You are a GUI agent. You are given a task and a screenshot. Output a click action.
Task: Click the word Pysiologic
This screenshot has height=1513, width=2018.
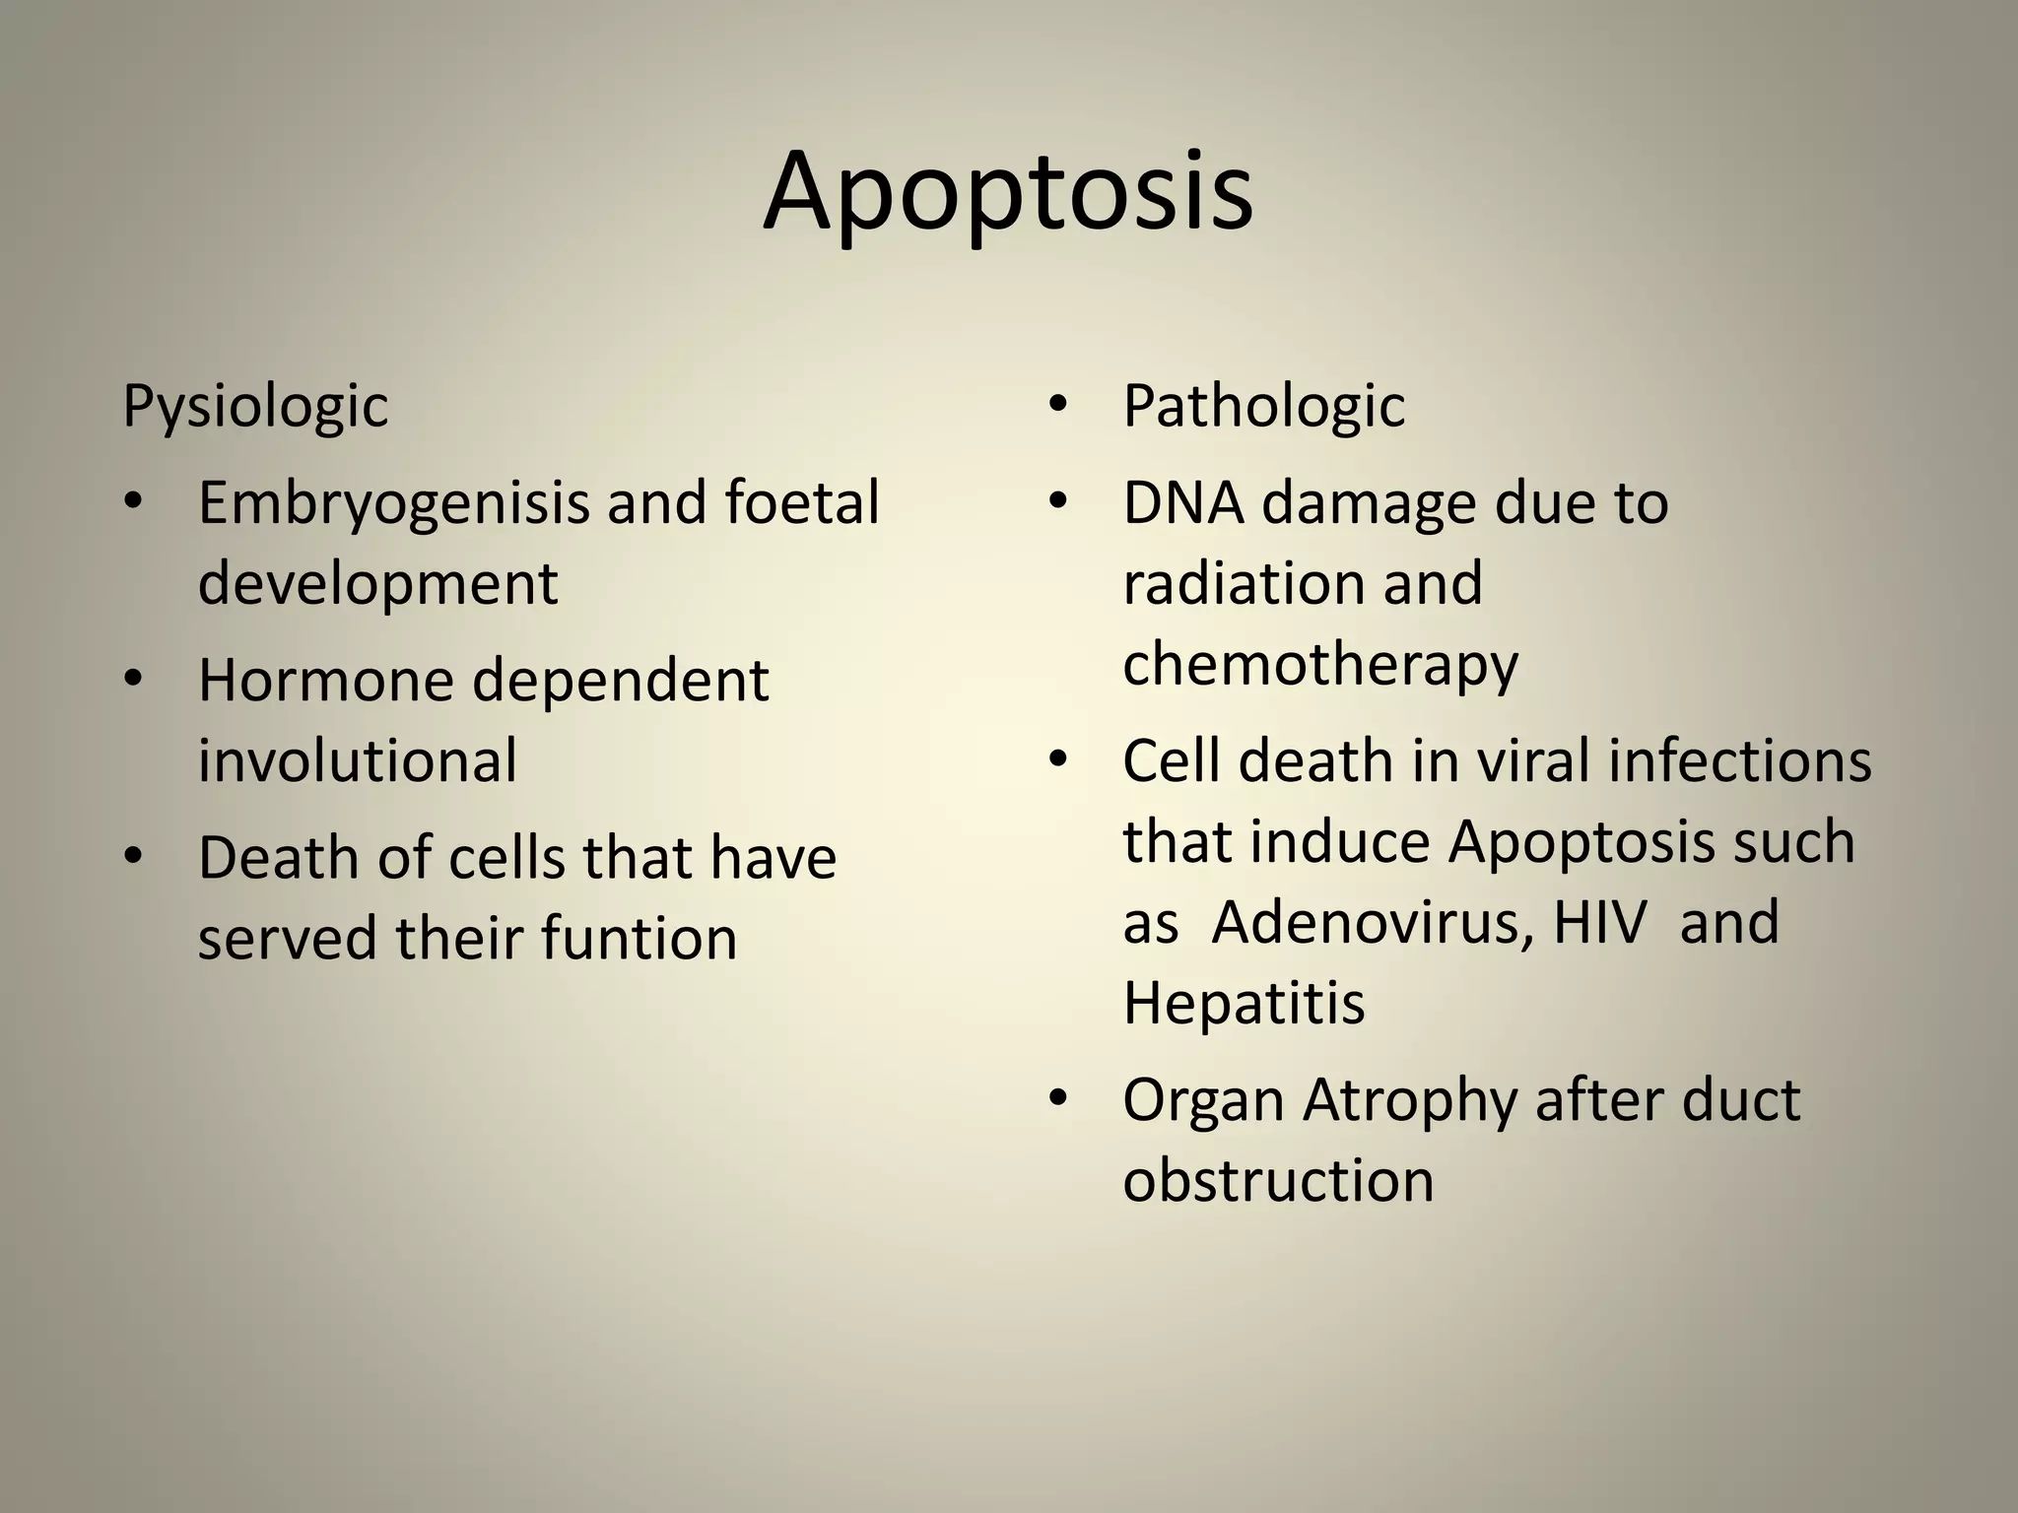pos(255,406)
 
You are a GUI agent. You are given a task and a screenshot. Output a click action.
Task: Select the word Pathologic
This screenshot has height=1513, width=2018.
pos(1263,406)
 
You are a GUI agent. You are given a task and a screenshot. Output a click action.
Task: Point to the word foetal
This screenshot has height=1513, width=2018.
pos(801,502)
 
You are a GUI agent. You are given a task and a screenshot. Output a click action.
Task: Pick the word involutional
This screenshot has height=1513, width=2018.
pos(357,760)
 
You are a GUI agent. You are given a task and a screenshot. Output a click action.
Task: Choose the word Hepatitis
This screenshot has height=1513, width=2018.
pos(1244,1003)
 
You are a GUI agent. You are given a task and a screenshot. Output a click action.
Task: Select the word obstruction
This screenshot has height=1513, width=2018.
pos(1278,1180)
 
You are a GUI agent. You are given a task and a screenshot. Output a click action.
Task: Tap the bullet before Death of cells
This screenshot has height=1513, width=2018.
pos(134,857)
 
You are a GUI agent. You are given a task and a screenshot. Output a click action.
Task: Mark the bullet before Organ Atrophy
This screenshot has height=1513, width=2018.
pos(1058,1099)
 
